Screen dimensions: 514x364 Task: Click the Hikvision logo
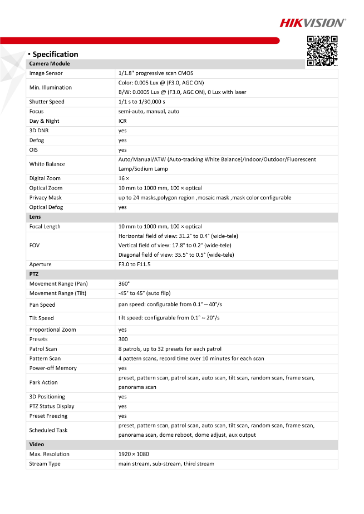coord(312,23)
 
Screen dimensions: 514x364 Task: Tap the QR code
coord(322,51)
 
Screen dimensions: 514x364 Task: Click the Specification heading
coord(55,54)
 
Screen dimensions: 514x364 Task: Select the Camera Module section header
coord(50,64)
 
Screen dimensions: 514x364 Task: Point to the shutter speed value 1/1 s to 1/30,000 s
coord(142,102)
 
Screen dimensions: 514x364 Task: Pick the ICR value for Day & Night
coord(122,121)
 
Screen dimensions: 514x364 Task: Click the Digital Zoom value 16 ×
coord(124,178)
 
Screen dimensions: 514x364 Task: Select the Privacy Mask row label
coord(46,198)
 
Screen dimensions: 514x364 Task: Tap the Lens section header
coord(35,217)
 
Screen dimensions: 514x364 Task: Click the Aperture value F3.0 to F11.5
coord(134,265)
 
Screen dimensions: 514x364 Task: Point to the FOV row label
coord(35,245)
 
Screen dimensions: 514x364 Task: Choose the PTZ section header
coord(34,275)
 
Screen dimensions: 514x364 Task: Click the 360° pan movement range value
coord(124,284)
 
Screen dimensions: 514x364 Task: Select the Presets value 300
coord(123,340)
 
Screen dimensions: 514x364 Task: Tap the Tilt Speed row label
coord(41,318)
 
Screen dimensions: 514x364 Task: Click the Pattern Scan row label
coord(45,358)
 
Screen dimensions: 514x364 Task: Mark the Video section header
coord(37,445)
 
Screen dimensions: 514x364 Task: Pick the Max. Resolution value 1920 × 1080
coord(134,455)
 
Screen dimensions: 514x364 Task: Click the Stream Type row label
coord(45,464)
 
